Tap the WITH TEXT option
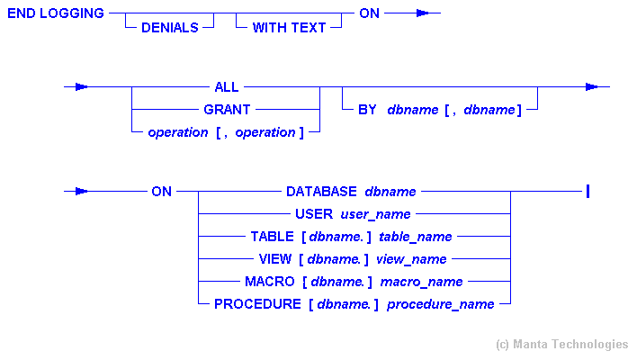tap(289, 28)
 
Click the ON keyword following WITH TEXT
tap(370, 14)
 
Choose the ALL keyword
tap(227, 87)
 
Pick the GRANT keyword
tap(227, 110)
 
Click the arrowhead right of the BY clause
tap(591, 87)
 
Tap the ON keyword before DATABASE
tap(163, 192)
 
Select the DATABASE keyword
tap(323, 192)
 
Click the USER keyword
tap(314, 214)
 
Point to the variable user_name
tap(375, 214)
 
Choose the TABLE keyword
tap(273, 237)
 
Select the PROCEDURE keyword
tap(257, 304)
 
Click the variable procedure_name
tap(441, 304)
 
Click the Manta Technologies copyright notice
tap(562, 345)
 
